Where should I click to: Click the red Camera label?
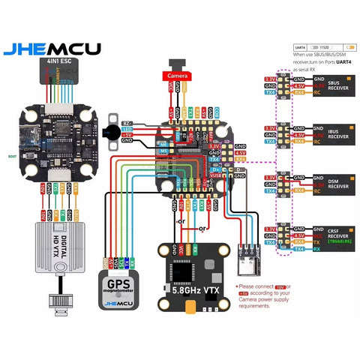click(x=178, y=76)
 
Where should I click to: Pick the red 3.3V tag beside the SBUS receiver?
click(x=268, y=79)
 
